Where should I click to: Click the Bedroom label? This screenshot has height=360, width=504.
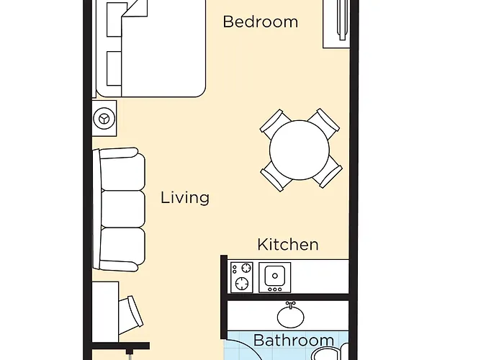point(260,22)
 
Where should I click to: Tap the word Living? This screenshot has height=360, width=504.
point(185,197)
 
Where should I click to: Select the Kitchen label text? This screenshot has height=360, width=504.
point(287,244)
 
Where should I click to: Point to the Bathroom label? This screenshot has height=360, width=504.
point(294,340)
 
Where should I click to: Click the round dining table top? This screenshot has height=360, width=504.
point(300,149)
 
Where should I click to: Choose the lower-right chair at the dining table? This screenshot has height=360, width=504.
point(325,174)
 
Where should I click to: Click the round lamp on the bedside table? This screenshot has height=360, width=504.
point(106,117)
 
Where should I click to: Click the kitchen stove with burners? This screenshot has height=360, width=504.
point(242,276)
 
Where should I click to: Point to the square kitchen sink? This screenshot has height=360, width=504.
point(274,276)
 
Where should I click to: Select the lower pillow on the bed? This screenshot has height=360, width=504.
point(114,66)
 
